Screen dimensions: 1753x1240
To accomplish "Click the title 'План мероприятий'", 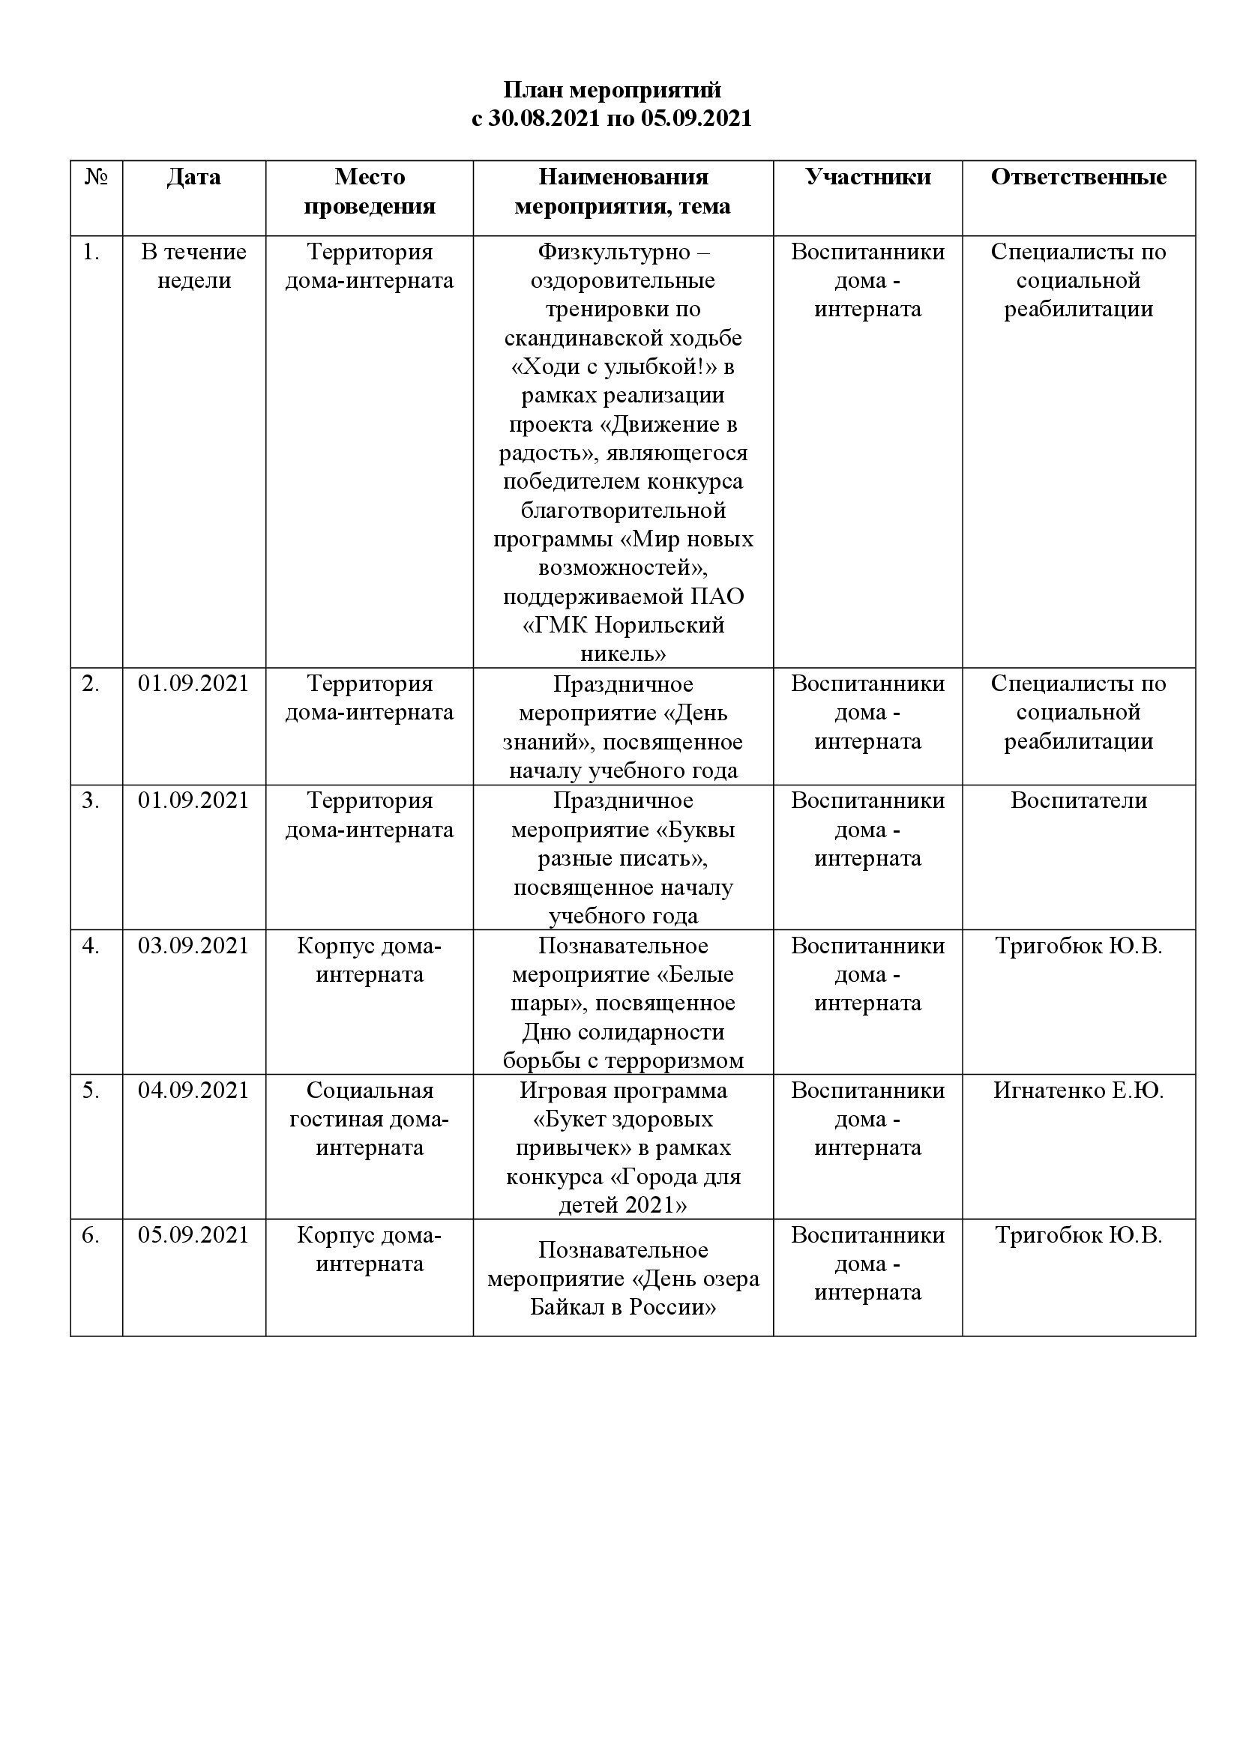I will click(x=612, y=90).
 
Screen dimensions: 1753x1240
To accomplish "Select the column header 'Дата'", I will click(x=194, y=177).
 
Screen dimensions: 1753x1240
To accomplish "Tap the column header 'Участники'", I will click(x=867, y=177).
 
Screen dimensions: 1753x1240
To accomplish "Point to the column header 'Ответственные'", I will click(x=1078, y=177).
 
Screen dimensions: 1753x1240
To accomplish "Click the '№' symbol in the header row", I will click(x=96, y=177).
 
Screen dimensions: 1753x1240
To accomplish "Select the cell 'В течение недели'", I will click(x=194, y=266).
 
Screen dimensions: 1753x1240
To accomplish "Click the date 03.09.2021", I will click(x=194, y=945).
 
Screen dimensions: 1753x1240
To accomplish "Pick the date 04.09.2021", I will click(x=194, y=1090).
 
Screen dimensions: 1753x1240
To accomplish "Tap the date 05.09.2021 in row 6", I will click(x=194, y=1234).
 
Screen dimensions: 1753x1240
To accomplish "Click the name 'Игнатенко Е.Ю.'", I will click(x=1078, y=1090).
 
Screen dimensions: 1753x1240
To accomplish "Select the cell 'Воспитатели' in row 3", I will click(x=1078, y=800).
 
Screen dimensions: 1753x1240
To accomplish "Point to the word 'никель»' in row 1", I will click(x=623, y=654).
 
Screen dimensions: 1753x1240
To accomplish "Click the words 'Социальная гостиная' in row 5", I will click(x=370, y=1104).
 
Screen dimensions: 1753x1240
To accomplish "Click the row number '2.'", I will click(x=91, y=684).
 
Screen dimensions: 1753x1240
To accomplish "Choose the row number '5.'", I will click(x=91, y=1090).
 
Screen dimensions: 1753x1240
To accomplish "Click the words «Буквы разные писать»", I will click(x=623, y=845).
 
